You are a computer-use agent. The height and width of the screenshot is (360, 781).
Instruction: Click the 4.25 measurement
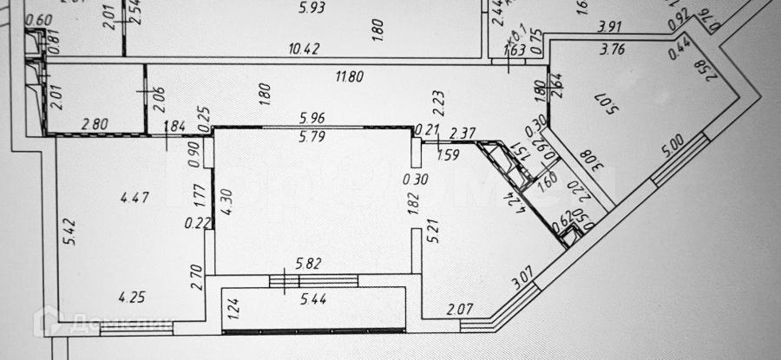coord(132,296)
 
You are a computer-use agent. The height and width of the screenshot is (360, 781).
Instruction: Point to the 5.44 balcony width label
coord(314,299)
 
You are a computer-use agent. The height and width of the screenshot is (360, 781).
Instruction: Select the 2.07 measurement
coord(460,308)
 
